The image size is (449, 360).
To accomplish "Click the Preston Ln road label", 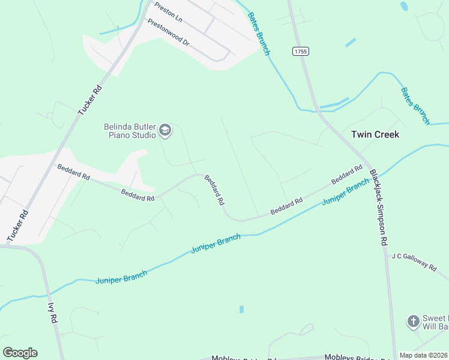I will [x=168, y=11].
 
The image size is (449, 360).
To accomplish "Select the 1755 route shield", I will [x=301, y=52].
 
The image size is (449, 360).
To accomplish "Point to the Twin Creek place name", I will [x=375, y=134].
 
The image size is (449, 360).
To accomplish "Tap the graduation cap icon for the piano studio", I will [x=165, y=130].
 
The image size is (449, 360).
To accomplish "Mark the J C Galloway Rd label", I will [x=414, y=262].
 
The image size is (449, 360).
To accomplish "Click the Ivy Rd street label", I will [x=52, y=313].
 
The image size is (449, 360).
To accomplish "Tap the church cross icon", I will [x=413, y=322].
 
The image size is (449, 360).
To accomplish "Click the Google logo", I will [x=20, y=353].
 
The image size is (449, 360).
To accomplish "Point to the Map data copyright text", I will [x=424, y=355].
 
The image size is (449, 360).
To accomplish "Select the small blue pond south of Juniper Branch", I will [x=241, y=310].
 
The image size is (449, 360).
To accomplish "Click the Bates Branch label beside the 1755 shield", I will [x=259, y=35].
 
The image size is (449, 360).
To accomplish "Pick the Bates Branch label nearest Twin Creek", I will [x=415, y=106].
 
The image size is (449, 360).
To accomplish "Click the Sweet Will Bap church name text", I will [x=436, y=322].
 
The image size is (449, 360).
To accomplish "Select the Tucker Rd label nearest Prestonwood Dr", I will [x=90, y=100].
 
